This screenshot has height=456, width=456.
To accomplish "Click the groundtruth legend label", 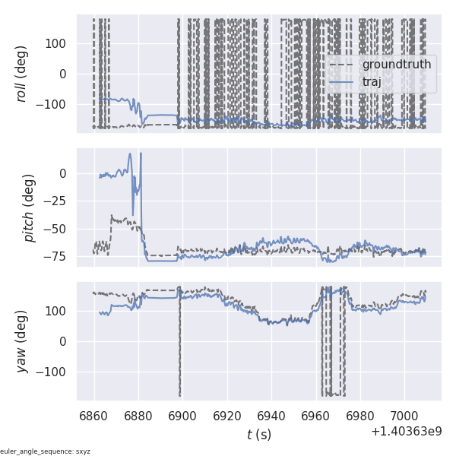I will (x=396, y=65).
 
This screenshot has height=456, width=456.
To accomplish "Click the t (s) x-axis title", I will (x=258, y=434).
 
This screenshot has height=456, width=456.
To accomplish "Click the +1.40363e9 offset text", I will (x=407, y=432).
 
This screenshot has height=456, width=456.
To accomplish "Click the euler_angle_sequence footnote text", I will (x=46, y=451).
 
